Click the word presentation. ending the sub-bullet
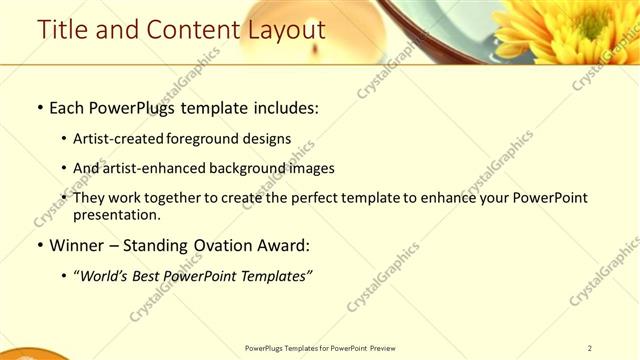pyautogui.click(x=117, y=214)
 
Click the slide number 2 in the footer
pyautogui.click(x=589, y=348)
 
